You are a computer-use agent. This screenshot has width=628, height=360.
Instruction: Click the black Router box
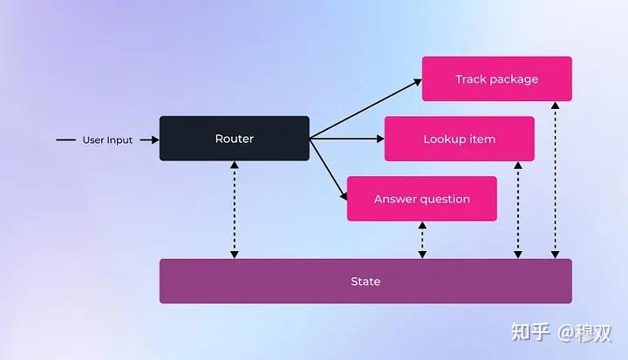point(234,139)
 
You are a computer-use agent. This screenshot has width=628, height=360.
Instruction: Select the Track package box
point(496,79)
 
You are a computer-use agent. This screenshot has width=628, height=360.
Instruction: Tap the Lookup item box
point(459,139)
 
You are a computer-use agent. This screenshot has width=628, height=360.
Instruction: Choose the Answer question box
point(421,199)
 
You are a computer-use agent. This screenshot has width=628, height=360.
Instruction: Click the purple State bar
point(365,282)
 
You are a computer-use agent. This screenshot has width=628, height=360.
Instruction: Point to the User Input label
point(107,139)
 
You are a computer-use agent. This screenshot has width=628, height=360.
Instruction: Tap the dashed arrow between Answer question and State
point(422,240)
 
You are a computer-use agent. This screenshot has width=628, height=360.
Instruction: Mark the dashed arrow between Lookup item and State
point(518,209)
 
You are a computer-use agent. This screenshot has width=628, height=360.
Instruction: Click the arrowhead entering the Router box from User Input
point(154,139)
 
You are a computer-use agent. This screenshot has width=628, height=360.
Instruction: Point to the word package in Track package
point(514,80)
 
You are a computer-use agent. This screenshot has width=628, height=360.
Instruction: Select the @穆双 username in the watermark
point(585,332)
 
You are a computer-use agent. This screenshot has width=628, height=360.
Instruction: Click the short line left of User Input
point(65,139)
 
